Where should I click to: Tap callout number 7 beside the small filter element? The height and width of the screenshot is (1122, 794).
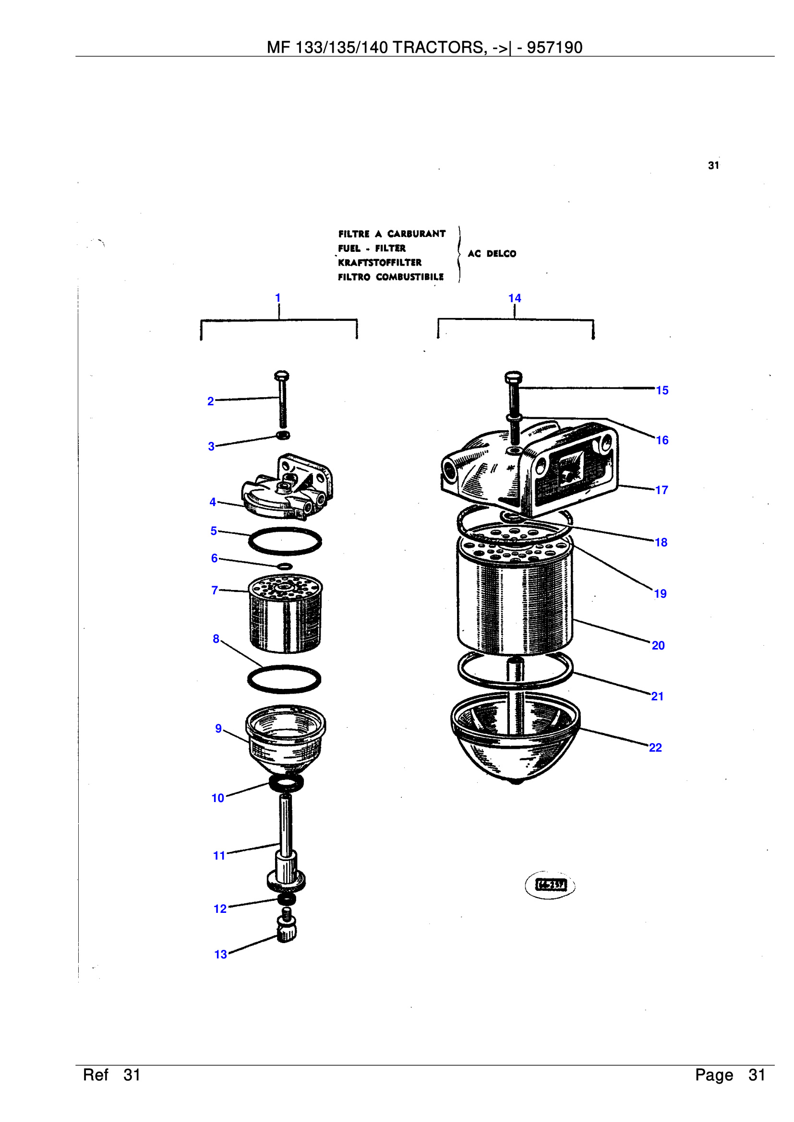click(214, 591)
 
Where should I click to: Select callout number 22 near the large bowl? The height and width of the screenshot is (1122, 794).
click(655, 748)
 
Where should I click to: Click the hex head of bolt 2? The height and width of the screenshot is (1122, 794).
click(282, 376)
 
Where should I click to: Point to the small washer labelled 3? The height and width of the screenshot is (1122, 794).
click(283, 435)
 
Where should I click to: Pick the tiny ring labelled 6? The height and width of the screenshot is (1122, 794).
click(285, 567)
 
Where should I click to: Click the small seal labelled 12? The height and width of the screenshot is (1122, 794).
click(287, 898)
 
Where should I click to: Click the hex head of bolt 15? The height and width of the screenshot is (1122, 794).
click(513, 377)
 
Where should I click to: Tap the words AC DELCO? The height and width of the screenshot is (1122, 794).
click(492, 254)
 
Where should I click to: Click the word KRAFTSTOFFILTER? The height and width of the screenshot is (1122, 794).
click(379, 262)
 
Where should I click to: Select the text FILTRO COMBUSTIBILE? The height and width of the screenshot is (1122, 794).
click(391, 277)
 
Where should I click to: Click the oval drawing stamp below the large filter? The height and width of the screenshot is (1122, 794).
click(550, 885)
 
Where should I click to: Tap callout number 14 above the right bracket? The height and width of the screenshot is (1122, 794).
click(514, 298)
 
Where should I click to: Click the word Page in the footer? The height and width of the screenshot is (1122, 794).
click(714, 1075)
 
